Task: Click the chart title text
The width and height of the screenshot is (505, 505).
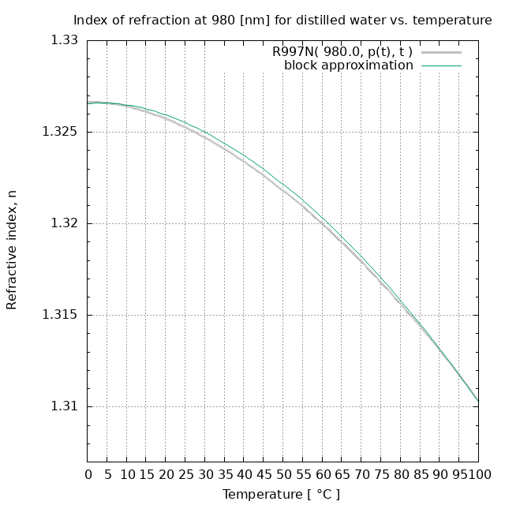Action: (x=282, y=20)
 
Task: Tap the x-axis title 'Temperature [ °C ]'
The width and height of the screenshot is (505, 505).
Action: (x=282, y=495)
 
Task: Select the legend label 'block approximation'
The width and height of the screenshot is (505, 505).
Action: (x=348, y=65)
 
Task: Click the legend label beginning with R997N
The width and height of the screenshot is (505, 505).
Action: (x=342, y=52)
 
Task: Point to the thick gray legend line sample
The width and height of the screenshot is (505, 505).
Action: (x=441, y=52)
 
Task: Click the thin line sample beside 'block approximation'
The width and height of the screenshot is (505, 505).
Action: (x=441, y=65)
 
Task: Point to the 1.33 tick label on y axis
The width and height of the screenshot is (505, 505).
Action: (x=63, y=40)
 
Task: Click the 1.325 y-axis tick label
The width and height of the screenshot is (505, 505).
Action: (x=60, y=132)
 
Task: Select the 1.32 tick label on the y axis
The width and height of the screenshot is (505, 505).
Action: (x=63, y=223)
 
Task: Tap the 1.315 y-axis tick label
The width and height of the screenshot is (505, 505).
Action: (x=60, y=315)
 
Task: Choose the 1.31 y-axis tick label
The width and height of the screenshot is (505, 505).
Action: (x=63, y=406)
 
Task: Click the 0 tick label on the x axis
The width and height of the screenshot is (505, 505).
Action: (x=88, y=474)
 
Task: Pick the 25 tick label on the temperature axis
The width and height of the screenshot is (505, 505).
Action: (x=185, y=474)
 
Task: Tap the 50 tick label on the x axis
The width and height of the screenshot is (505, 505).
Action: (x=283, y=474)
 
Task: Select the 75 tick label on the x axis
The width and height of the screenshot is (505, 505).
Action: (x=381, y=474)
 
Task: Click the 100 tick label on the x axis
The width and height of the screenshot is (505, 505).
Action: (x=478, y=474)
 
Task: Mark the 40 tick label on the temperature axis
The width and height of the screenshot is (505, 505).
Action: (x=244, y=474)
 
